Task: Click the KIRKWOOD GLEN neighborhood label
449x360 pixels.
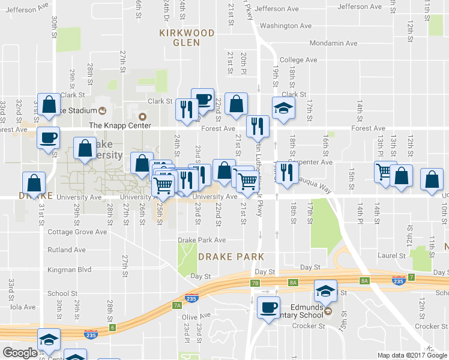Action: click(186, 38)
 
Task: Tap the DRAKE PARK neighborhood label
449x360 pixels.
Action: click(231, 256)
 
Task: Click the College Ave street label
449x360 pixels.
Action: click(298, 60)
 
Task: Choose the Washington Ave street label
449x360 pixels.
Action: click(286, 26)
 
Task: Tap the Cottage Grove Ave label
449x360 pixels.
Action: click(77, 232)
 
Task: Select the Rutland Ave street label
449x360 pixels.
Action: click(67, 250)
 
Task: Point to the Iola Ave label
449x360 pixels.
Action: click(23, 307)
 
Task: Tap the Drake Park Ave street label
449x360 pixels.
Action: click(202, 240)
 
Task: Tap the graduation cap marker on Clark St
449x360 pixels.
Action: click(284, 107)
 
